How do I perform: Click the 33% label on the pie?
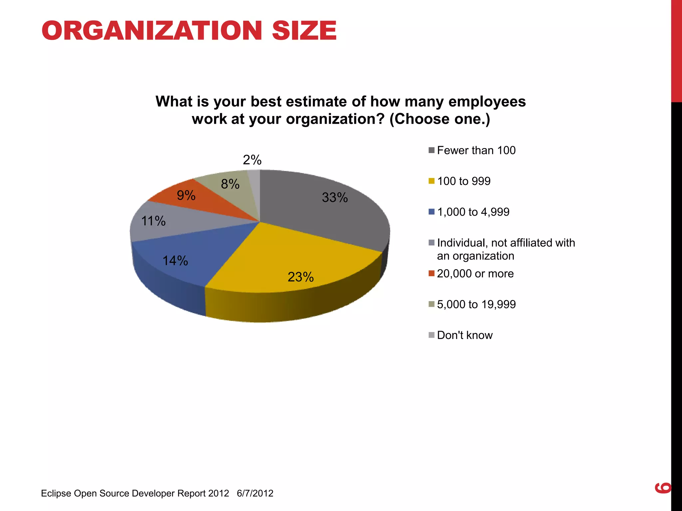point(335,198)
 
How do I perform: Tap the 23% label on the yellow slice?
point(300,277)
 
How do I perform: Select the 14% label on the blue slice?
point(175,261)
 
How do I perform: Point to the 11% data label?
point(153,221)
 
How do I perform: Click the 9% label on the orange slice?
point(186,195)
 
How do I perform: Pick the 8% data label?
point(230,184)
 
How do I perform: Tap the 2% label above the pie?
point(252,160)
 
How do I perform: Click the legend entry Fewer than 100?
point(476,150)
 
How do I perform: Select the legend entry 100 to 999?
point(464,181)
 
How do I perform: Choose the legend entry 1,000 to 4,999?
point(473,212)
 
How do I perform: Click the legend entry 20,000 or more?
point(475,273)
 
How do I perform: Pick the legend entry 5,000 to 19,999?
point(476,304)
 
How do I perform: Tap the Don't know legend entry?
point(465,335)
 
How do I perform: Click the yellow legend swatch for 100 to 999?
point(432,181)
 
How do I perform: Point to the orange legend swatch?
point(432,273)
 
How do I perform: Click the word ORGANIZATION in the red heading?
point(152,31)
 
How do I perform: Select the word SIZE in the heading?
point(304,31)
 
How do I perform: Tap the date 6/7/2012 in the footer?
point(255,493)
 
